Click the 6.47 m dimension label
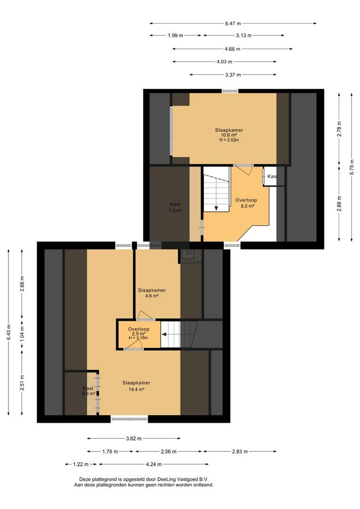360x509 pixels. (x=233, y=24)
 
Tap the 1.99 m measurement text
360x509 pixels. (x=175, y=35)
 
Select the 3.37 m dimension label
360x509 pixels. (x=233, y=74)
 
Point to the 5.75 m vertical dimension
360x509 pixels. (x=352, y=167)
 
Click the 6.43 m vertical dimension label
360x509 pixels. (x=8, y=332)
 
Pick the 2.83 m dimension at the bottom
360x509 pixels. (x=240, y=451)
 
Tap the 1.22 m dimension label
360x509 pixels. (x=81, y=464)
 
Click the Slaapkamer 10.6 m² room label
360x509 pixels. (x=229, y=132)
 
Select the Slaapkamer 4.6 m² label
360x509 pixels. (x=152, y=293)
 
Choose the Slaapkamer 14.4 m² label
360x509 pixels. (x=136, y=386)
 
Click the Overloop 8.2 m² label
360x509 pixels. (x=246, y=203)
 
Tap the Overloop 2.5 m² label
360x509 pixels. (x=139, y=331)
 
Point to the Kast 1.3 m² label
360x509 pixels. (x=175, y=207)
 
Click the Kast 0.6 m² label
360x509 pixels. (x=88, y=391)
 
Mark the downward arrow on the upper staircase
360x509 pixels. (x=216, y=208)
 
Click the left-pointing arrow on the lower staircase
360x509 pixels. (x=164, y=334)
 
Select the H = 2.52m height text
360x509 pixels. (x=229, y=140)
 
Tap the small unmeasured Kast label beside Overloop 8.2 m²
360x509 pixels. (x=273, y=176)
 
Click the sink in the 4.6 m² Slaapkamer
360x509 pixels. (x=188, y=254)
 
